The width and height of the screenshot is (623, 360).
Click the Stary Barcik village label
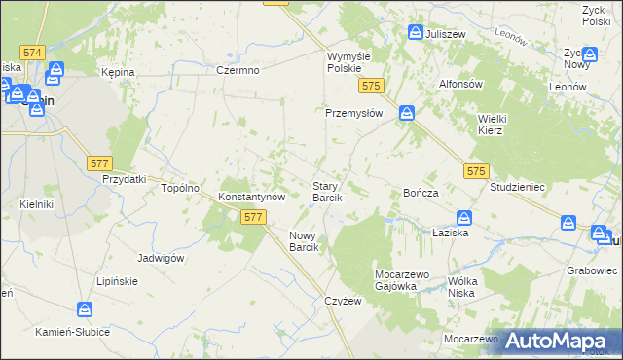tap(326, 191)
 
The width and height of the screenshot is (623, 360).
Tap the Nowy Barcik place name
tap(305, 241)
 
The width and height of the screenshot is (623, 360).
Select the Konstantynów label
tap(251, 196)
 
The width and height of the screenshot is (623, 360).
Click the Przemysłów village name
tap(354, 113)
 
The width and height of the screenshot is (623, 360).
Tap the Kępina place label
tap(118, 73)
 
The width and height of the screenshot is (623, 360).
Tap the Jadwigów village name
tap(162, 258)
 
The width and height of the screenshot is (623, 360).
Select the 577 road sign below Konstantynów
tap(253, 219)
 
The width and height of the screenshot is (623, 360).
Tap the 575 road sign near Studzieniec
tap(474, 171)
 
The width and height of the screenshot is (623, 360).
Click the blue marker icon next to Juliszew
tap(415, 33)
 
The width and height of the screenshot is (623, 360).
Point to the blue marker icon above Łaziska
tap(464, 218)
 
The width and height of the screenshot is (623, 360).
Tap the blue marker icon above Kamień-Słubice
tap(86, 309)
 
